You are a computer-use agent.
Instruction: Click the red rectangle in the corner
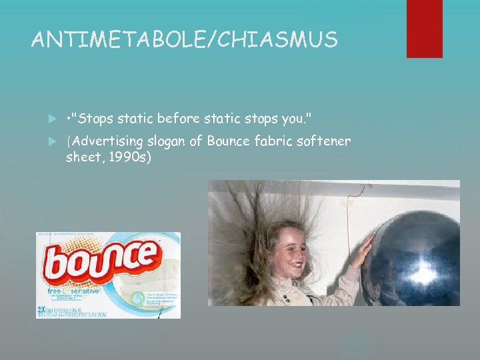tap(424, 29)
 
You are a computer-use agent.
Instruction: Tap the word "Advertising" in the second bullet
tap(106, 141)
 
